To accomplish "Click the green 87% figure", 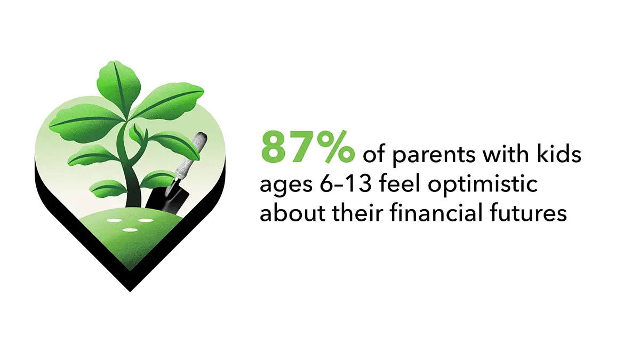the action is pos(308,147).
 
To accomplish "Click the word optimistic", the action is pos(483,185).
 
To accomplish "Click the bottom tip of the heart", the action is pos(130,291).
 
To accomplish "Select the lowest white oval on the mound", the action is pos(130,229).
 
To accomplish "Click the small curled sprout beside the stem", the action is pos(137,133).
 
